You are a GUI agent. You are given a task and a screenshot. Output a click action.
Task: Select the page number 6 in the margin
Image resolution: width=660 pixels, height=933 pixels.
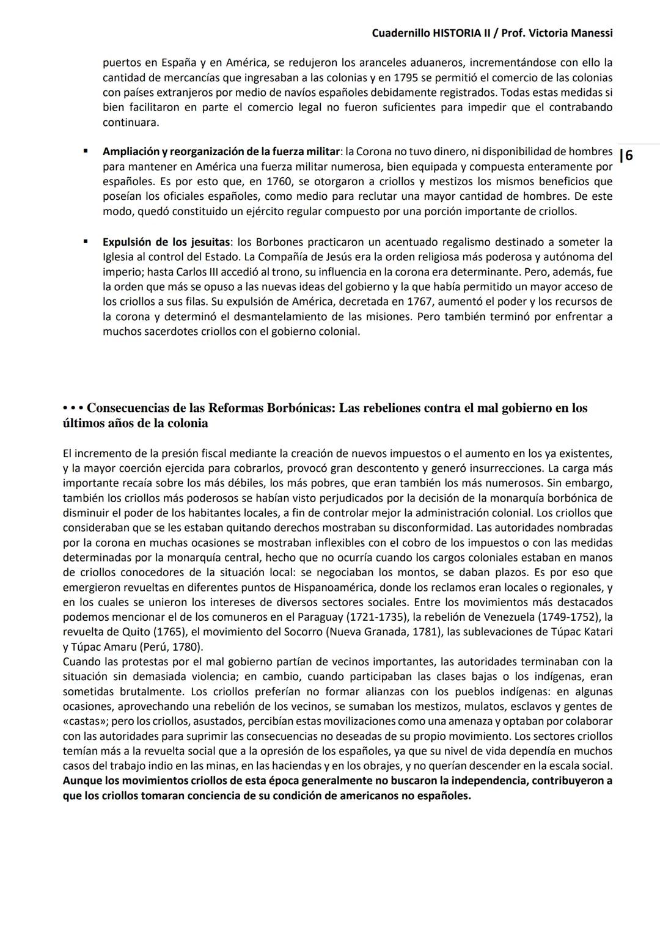[x=629, y=155]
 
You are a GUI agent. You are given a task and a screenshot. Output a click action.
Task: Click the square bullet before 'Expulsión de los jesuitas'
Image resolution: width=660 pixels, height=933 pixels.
[x=86, y=241]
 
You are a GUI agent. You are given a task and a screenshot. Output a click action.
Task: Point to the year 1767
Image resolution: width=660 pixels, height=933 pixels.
[x=380, y=302]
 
